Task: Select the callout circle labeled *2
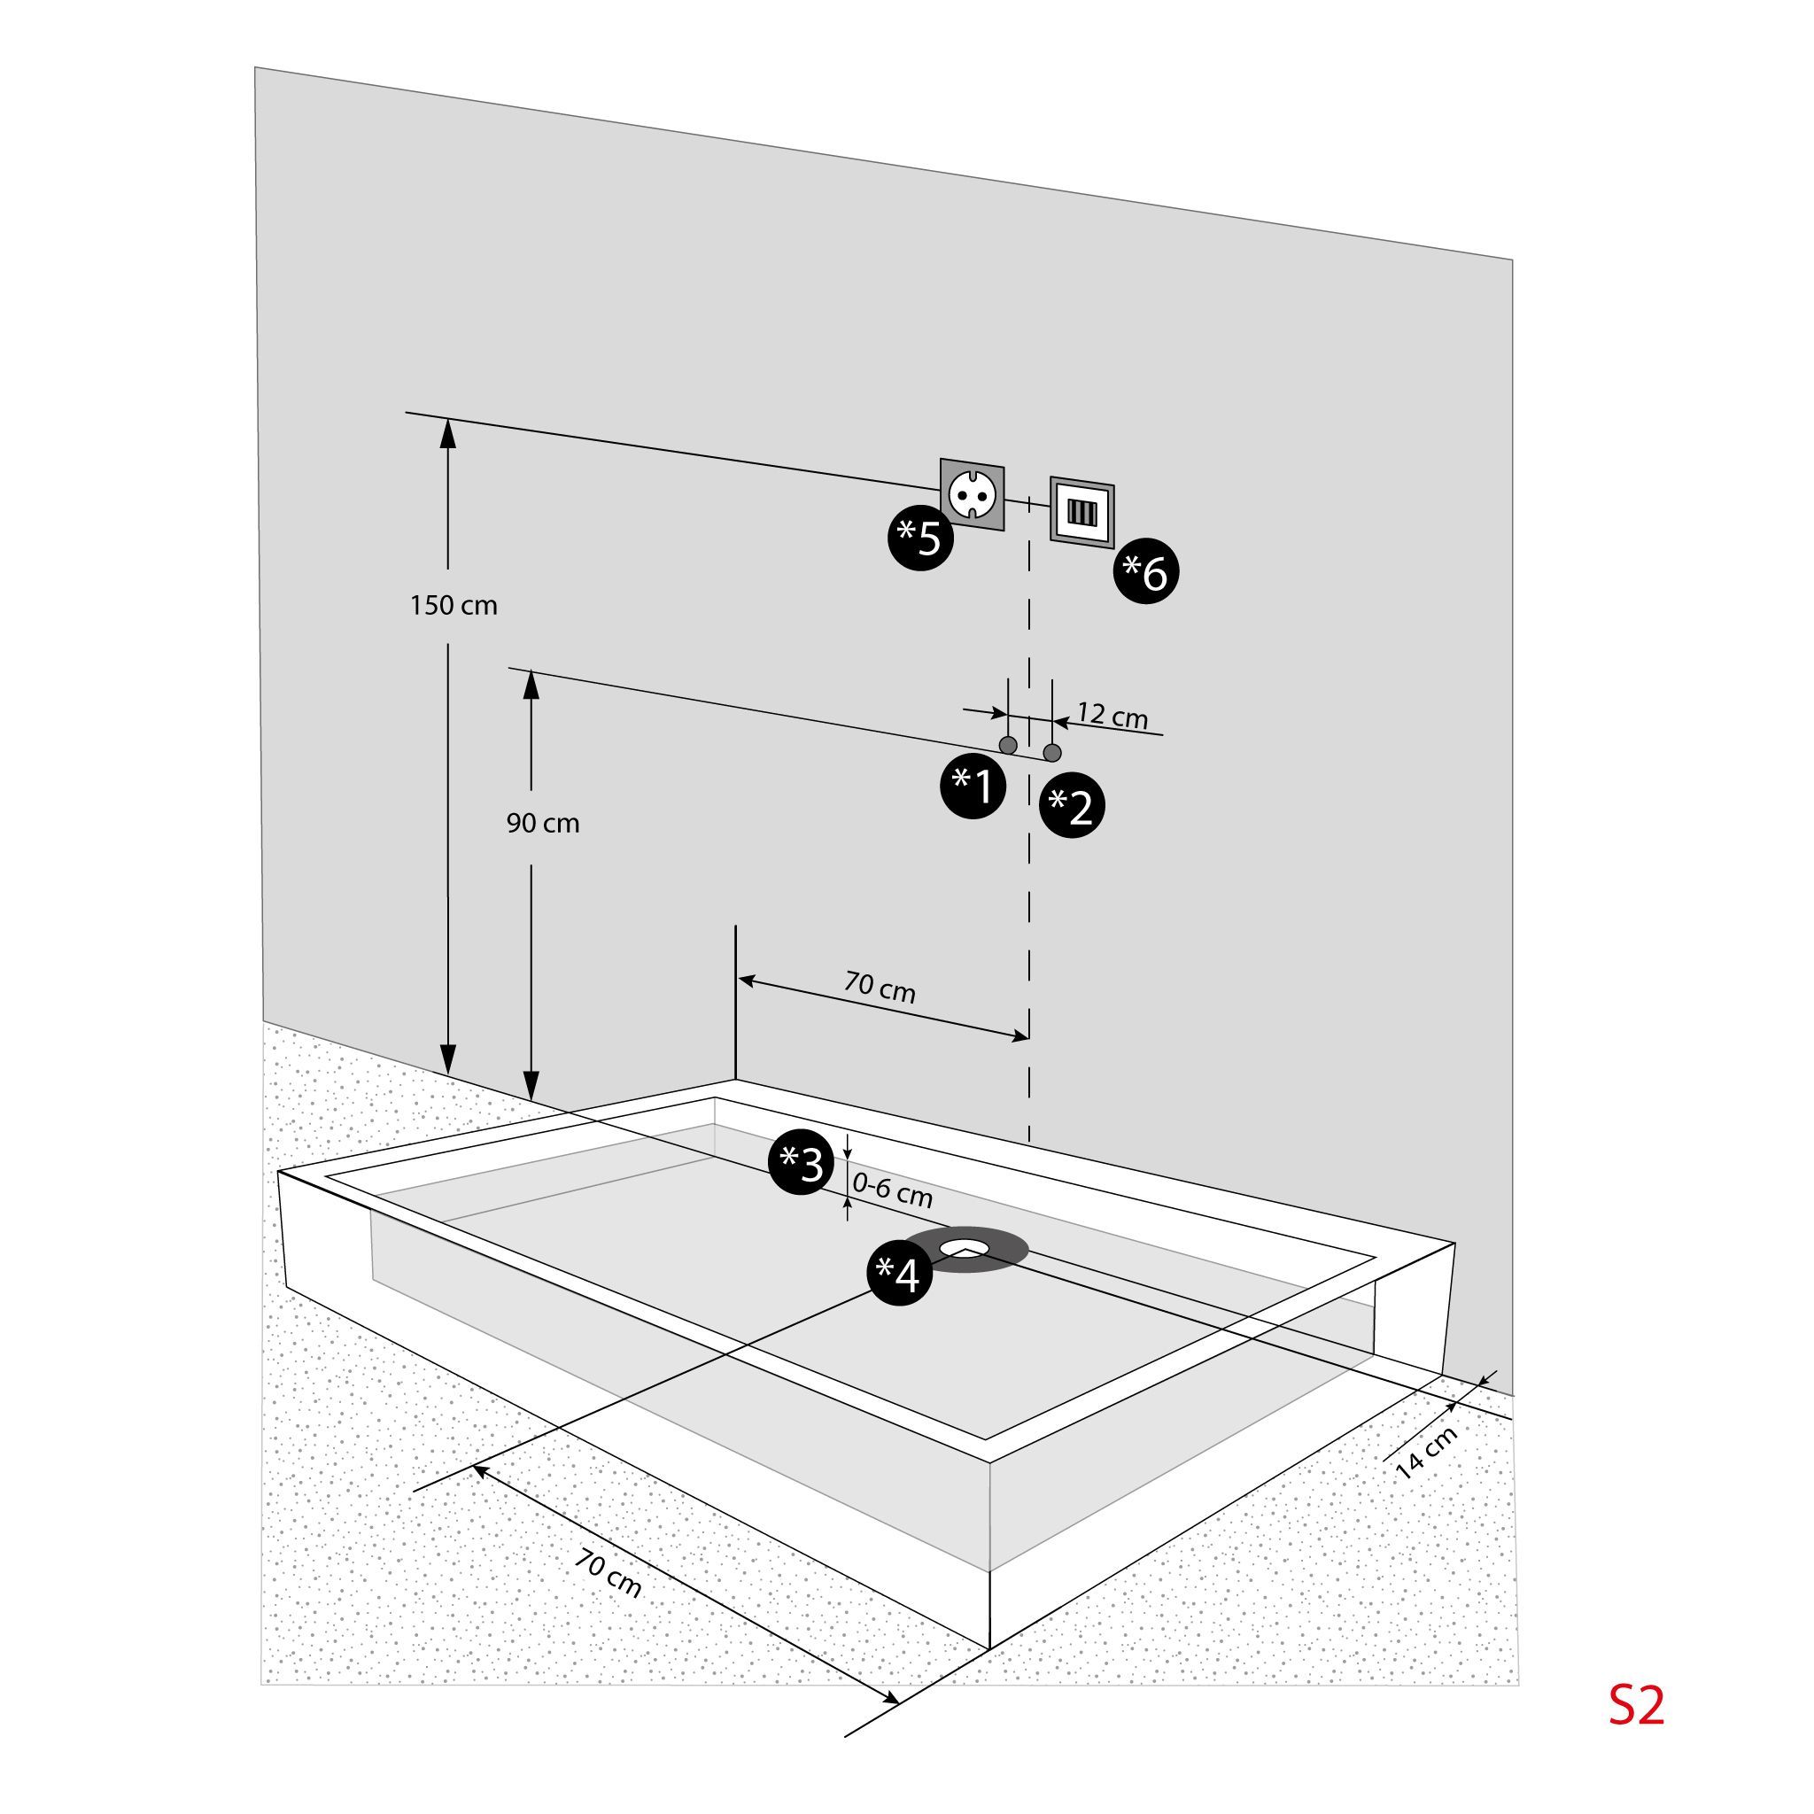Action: (x=1073, y=804)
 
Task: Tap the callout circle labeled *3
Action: (x=802, y=1162)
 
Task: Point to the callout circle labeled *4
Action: (x=900, y=1273)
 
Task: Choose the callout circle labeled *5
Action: (x=921, y=538)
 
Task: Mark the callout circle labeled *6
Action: (x=1146, y=571)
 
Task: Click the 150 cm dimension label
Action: (x=453, y=606)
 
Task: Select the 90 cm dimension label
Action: (x=543, y=824)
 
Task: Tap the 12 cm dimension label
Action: (x=1112, y=716)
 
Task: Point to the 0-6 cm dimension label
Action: (x=893, y=1190)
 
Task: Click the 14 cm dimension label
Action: (x=1426, y=1453)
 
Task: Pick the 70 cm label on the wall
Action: (x=880, y=987)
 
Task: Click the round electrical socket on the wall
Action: (x=973, y=495)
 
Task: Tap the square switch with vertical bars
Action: (x=1081, y=513)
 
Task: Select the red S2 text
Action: (x=1637, y=1705)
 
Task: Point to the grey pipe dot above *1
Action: (x=1008, y=746)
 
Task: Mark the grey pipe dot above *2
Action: (x=1052, y=753)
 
